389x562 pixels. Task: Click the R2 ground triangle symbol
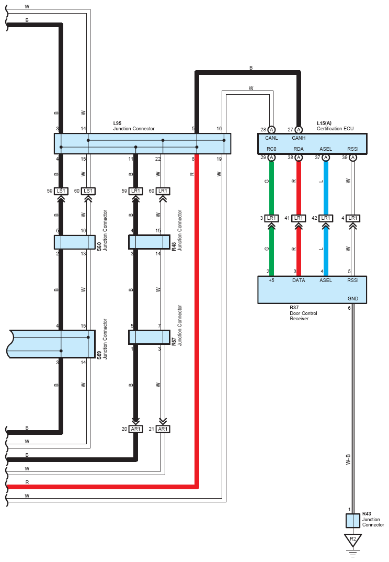coord(353,539)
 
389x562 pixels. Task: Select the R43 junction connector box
coord(353,521)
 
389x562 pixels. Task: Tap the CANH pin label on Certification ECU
coord(299,139)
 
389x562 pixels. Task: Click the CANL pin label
coord(271,139)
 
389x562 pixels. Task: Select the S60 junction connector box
coord(75,242)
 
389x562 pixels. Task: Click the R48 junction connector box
coord(149,242)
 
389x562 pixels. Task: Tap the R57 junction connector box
coord(149,337)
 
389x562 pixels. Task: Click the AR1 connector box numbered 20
coord(136,429)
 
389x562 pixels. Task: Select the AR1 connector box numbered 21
coord(163,429)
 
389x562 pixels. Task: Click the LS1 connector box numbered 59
coord(61,191)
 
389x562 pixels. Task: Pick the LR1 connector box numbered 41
coord(299,218)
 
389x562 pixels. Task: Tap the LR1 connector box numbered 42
coord(326,218)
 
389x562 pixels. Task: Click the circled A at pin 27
coord(299,129)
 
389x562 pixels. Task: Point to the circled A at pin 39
coord(353,158)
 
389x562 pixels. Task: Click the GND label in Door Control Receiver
coord(353,299)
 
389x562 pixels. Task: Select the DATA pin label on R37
coord(299,280)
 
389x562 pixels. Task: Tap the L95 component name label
coord(118,123)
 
